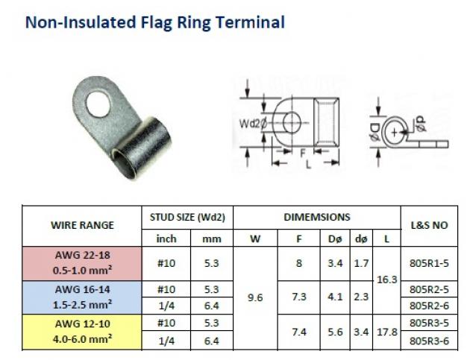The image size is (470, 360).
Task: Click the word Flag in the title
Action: point(156,23)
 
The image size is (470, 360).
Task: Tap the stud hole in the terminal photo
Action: point(98,104)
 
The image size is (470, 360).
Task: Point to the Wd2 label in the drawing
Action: point(249,124)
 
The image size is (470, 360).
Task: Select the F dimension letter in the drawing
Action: point(303,153)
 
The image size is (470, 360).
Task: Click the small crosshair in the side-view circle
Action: point(395,132)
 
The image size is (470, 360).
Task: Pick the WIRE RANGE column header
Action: point(82,225)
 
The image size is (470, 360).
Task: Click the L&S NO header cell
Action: point(429,225)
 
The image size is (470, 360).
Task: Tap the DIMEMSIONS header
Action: point(317,217)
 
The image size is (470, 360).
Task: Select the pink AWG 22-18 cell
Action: point(82,263)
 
